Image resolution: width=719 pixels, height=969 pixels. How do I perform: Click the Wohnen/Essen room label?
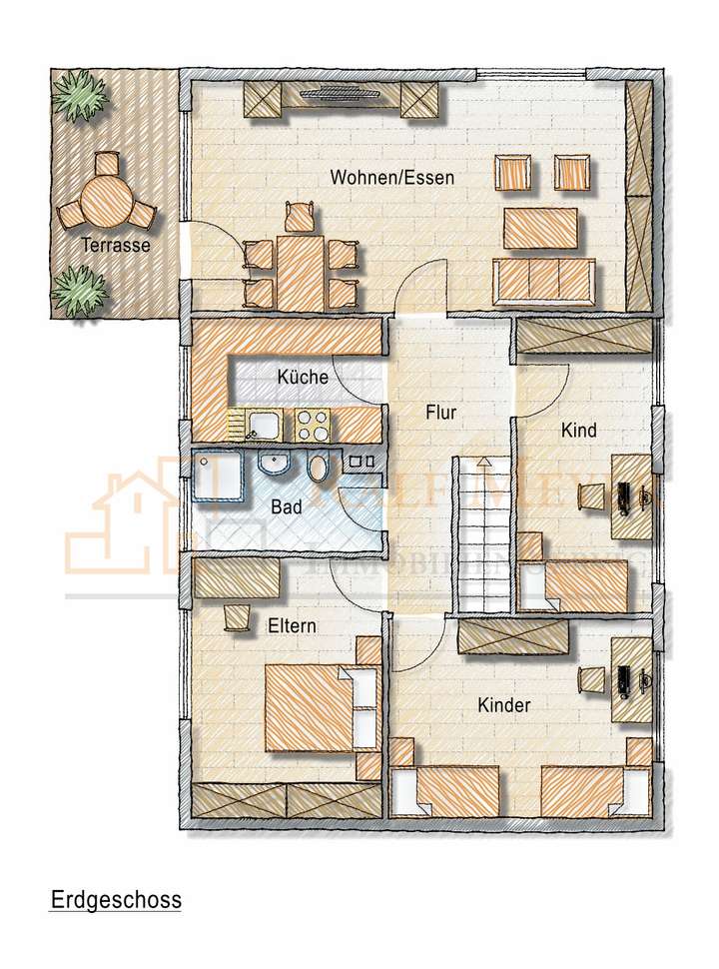pyautogui.click(x=392, y=179)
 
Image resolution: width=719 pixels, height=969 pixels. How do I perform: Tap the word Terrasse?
pyautogui.click(x=117, y=245)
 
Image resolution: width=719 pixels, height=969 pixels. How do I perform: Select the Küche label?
pyautogui.click(x=303, y=378)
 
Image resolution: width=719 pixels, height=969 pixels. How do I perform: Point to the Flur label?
pyautogui.click(x=440, y=412)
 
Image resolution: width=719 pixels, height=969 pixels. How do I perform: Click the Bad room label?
pyautogui.click(x=287, y=507)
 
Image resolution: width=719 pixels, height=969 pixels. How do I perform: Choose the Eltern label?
pyautogui.click(x=293, y=626)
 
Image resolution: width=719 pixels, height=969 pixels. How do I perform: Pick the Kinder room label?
pyautogui.click(x=503, y=705)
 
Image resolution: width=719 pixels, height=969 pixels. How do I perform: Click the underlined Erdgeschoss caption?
pyautogui.click(x=116, y=899)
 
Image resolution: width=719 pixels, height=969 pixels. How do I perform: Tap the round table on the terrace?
pyautogui.click(x=105, y=198)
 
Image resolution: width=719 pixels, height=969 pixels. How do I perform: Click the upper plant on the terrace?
pyautogui.click(x=80, y=96)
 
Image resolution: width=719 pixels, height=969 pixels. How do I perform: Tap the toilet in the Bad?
pyautogui.click(x=319, y=466)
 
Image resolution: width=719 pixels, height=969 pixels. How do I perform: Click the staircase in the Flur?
pyautogui.click(x=483, y=534)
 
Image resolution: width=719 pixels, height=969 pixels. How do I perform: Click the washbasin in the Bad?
pyautogui.click(x=273, y=464)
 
